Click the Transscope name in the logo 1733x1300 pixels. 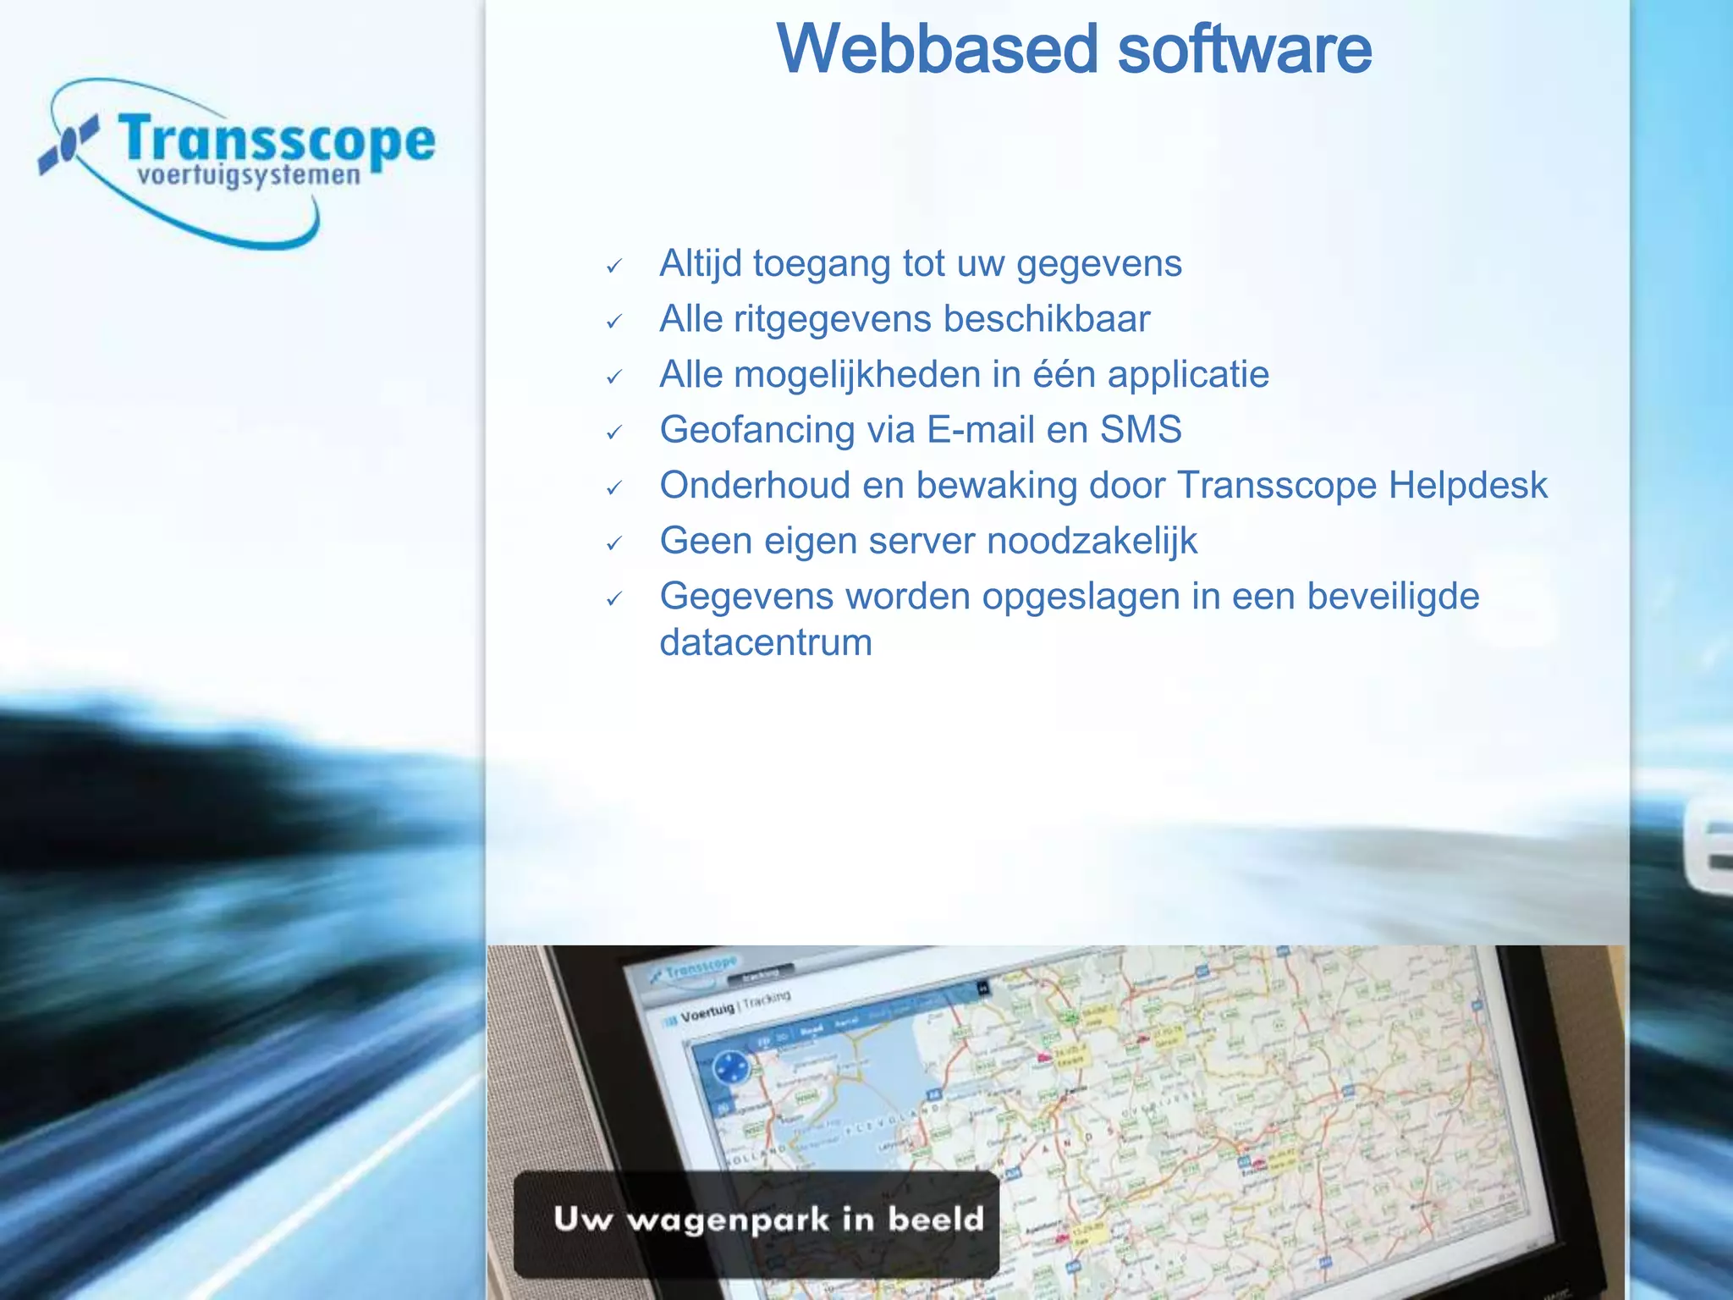(x=276, y=140)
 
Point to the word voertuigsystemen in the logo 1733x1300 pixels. (x=249, y=177)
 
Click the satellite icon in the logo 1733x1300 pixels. (x=67, y=146)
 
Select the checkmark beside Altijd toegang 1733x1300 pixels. (x=614, y=267)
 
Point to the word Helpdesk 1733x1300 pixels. (x=1467, y=486)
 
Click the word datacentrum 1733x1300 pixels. (x=766, y=642)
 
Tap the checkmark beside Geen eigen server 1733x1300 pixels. (x=614, y=543)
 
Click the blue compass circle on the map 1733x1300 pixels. (x=730, y=1068)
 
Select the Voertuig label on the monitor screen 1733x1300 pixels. (x=707, y=1012)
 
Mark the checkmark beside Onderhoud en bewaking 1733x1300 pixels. (x=614, y=488)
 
